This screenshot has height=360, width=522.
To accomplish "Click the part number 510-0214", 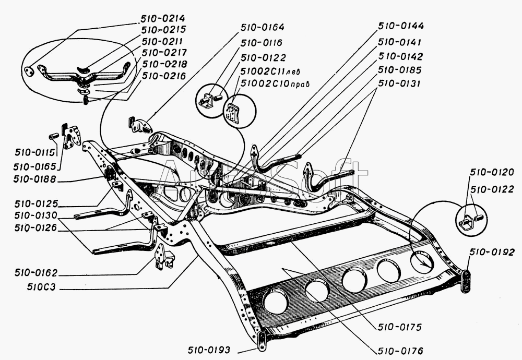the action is pos(162,18).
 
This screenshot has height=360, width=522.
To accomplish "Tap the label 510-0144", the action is pos(401,26).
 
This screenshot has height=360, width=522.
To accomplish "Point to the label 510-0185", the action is pos(399,70).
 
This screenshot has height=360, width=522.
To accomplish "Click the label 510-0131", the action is pos(399,83).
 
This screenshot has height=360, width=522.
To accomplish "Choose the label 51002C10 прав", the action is pos(275,83).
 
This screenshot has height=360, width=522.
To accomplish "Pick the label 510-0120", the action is pos(492,172).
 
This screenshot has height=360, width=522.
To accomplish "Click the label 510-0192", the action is pos(492,252).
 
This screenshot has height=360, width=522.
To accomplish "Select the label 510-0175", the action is pos(399,327).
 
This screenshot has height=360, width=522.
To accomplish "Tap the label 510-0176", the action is pos(400,351).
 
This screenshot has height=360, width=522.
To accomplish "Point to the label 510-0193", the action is pos(209,350).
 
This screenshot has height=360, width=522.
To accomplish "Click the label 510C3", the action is pos(42,287).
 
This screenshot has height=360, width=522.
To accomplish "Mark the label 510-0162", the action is pos(36,273).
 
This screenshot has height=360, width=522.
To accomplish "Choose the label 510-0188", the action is pos(35,179).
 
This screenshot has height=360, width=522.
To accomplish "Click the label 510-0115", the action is pos(34,152).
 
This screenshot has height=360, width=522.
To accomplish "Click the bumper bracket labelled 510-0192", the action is pos(466,281).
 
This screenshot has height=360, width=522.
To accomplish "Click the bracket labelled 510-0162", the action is pos(164,257).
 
